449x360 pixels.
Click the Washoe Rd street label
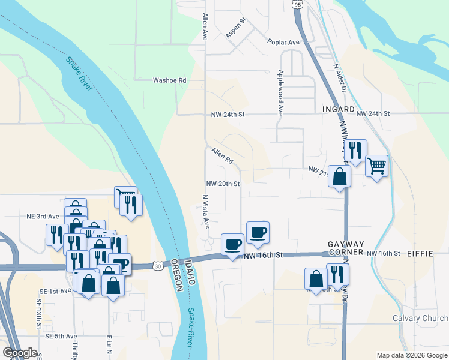pyautogui.click(x=170, y=80)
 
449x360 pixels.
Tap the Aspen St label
pyautogui.click(x=236, y=29)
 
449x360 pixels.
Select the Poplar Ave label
pyautogui.click(x=283, y=43)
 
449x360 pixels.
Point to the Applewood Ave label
pyautogui.click(x=280, y=92)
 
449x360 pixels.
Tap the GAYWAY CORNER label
pyautogui.click(x=346, y=248)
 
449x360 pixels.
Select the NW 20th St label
pyautogui.click(x=223, y=184)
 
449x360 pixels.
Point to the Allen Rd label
pyautogui.click(x=221, y=157)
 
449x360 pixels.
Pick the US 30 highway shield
pyautogui.click(x=157, y=265)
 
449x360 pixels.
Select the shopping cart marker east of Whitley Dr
pyautogui.click(x=376, y=165)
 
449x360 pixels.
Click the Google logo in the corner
pyautogui.click(x=20, y=353)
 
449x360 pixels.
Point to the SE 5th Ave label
pyautogui.click(x=62, y=336)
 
